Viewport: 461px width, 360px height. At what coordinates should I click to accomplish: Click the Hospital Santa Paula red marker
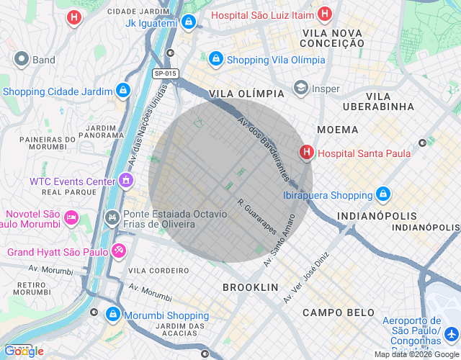tap(307, 153)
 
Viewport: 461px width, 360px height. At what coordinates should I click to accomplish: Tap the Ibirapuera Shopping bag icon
tap(383, 194)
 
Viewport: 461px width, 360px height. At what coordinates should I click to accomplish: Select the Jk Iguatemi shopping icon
tap(188, 22)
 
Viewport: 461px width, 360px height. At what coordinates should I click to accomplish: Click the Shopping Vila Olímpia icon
tap(215, 59)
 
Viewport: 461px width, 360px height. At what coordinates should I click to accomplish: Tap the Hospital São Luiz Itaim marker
tap(325, 14)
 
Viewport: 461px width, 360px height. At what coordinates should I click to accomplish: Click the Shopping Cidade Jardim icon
tap(123, 91)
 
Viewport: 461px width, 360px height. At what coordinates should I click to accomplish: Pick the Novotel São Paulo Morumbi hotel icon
tap(71, 216)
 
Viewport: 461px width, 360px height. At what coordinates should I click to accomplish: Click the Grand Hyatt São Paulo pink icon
tap(118, 252)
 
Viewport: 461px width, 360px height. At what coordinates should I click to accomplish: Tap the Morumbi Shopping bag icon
tap(113, 315)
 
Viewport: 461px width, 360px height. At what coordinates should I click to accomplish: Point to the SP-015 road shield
tap(166, 73)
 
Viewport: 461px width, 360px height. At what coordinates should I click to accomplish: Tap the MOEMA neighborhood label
tap(336, 130)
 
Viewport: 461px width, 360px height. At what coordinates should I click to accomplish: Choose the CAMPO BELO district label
tap(339, 312)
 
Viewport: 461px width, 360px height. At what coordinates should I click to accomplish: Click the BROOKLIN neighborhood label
tap(250, 287)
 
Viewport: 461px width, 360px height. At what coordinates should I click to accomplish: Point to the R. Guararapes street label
tap(256, 216)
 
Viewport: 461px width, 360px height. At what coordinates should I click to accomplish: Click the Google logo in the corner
tap(24, 351)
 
